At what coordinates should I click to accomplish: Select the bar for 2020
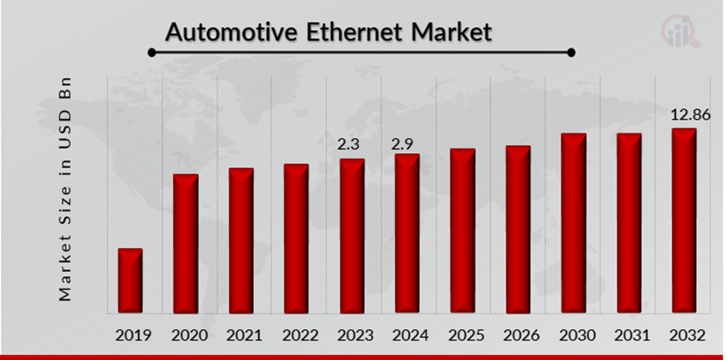[x=186, y=244]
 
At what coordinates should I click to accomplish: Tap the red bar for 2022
[x=296, y=239]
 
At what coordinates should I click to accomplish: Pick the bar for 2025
[x=463, y=231]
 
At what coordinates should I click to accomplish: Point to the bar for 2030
[x=573, y=223]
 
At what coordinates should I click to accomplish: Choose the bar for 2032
[x=683, y=221]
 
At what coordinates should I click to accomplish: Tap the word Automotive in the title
[x=231, y=33]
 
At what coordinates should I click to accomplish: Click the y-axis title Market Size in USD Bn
[x=65, y=191]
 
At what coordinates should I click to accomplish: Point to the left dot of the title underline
[x=152, y=53]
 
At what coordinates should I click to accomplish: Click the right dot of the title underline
[x=571, y=53]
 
